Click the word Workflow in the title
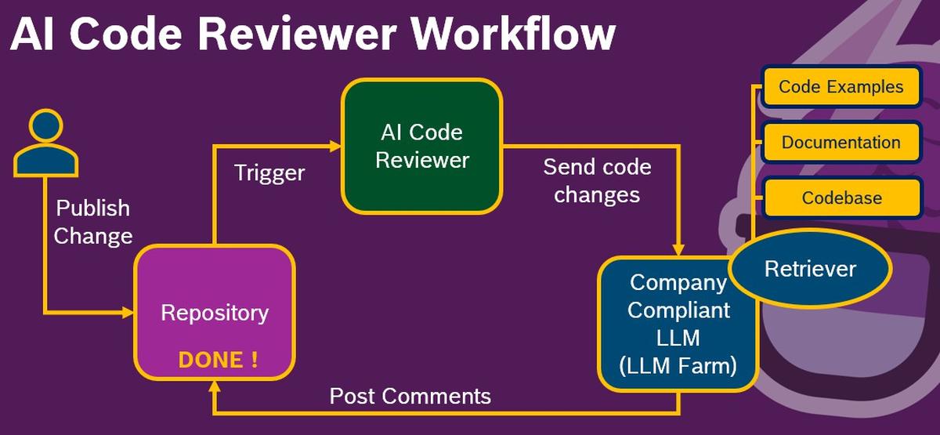pyautogui.click(x=513, y=34)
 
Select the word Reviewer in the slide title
pyautogui.click(x=297, y=34)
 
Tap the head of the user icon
pyautogui.click(x=45, y=125)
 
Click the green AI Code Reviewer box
pyautogui.click(x=422, y=146)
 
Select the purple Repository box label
pyautogui.click(x=215, y=313)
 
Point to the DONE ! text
pyautogui.click(x=219, y=360)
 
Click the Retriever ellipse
pyautogui.click(x=810, y=268)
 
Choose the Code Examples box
pyautogui.click(x=841, y=86)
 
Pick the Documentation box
pyautogui.click(x=841, y=142)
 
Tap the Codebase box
pyautogui.click(x=842, y=198)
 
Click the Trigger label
pyautogui.click(x=269, y=173)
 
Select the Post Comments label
pyautogui.click(x=410, y=396)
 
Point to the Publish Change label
pyautogui.click(x=92, y=222)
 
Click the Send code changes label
pyautogui.click(x=597, y=181)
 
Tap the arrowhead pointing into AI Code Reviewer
pyautogui.click(x=336, y=146)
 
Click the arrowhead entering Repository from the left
pyautogui.click(x=128, y=313)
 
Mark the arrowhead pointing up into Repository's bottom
pyautogui.click(x=215, y=387)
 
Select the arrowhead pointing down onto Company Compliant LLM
pyautogui.click(x=678, y=249)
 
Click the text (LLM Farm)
pyautogui.click(x=678, y=365)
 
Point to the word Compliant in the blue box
pyautogui.click(x=678, y=310)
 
